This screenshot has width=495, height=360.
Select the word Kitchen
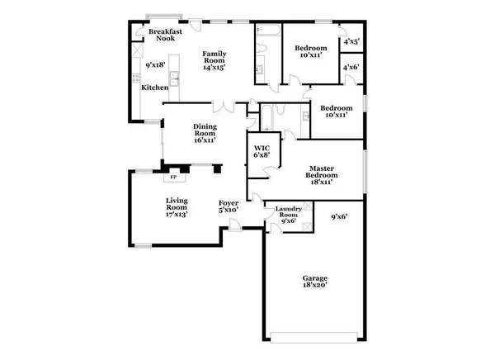154,87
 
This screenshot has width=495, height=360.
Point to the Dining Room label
205,130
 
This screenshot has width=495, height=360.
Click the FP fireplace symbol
173,177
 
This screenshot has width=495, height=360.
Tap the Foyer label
229,202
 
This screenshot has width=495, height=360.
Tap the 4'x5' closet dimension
351,40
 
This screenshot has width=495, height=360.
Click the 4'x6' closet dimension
351,67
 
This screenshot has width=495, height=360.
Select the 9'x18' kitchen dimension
154,64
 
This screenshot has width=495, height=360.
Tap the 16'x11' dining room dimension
205,140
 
